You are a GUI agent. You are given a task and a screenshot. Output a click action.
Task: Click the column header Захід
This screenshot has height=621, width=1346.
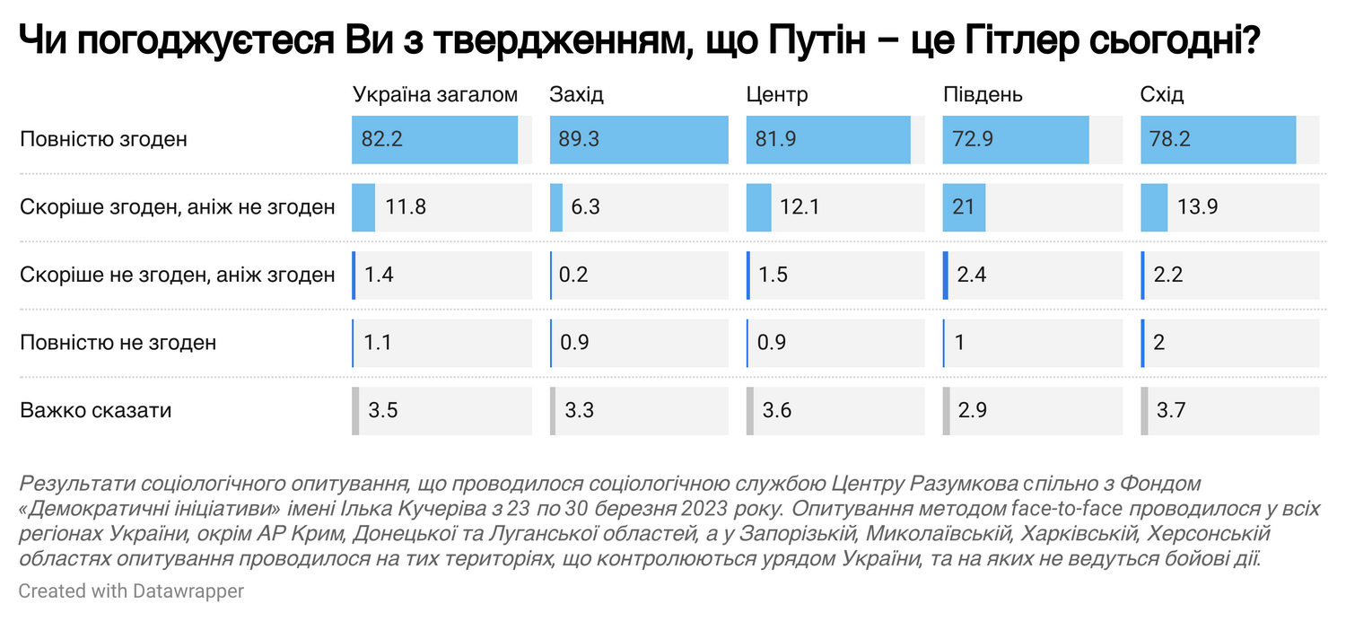click(576, 95)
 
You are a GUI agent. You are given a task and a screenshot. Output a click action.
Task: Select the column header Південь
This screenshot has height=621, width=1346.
click(983, 95)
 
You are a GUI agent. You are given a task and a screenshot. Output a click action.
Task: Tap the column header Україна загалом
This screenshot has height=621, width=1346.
click(435, 95)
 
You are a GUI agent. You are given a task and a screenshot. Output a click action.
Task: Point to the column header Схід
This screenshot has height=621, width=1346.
click(1162, 95)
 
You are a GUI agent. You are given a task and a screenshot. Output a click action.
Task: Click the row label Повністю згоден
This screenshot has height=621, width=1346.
click(103, 140)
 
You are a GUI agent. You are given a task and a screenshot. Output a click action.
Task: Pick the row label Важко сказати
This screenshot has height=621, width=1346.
click(96, 411)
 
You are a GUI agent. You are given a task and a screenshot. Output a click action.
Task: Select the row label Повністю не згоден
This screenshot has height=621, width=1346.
click(118, 343)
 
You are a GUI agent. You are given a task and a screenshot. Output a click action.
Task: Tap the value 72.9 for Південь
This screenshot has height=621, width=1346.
click(975, 140)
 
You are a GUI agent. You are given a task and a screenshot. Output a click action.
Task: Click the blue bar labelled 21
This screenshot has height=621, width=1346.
click(964, 207)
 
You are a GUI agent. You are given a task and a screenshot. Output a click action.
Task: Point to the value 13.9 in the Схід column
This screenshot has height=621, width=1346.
click(1197, 207)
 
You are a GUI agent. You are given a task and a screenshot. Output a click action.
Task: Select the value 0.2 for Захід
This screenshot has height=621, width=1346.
click(573, 275)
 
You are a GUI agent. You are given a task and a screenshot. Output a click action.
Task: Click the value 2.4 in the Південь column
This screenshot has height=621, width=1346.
click(972, 275)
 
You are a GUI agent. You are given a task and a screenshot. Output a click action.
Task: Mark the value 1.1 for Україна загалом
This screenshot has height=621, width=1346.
click(377, 343)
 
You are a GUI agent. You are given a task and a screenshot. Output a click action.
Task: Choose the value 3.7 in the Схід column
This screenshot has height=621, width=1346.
click(1171, 411)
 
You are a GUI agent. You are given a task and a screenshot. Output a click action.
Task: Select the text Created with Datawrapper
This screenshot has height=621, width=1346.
click(131, 591)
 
